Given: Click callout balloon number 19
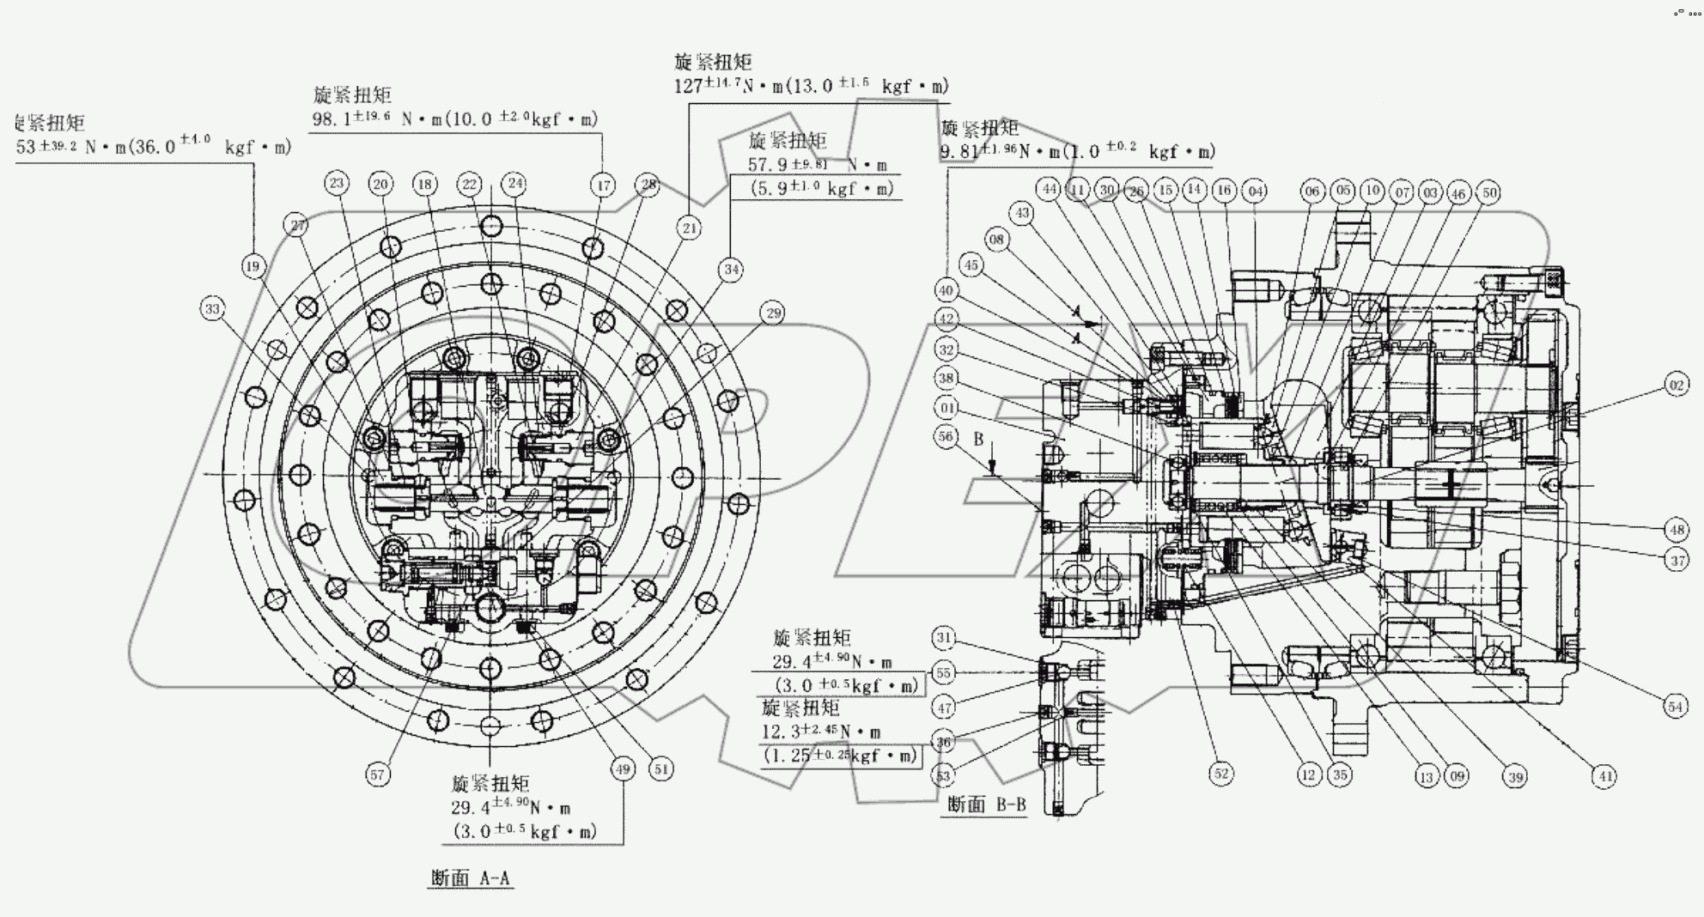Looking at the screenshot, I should [253, 266].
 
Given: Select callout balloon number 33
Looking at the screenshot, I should [212, 308].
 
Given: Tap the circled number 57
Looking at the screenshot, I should [378, 775].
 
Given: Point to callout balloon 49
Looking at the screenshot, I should [623, 769].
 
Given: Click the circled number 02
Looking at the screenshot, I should [1676, 386].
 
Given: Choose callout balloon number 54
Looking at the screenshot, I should [1676, 707].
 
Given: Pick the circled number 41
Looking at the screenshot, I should [1604, 777].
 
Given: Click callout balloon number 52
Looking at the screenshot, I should [1220, 774].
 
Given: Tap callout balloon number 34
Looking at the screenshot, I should [731, 270].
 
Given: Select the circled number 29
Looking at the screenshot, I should [773, 313].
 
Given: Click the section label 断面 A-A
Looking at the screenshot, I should [470, 878].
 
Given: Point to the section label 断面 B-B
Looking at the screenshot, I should [986, 805].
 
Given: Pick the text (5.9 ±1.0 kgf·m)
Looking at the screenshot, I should [822, 188].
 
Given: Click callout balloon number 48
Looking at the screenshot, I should [1676, 530].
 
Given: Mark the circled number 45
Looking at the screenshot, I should [971, 265].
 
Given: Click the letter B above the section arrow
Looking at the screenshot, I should [977, 439].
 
